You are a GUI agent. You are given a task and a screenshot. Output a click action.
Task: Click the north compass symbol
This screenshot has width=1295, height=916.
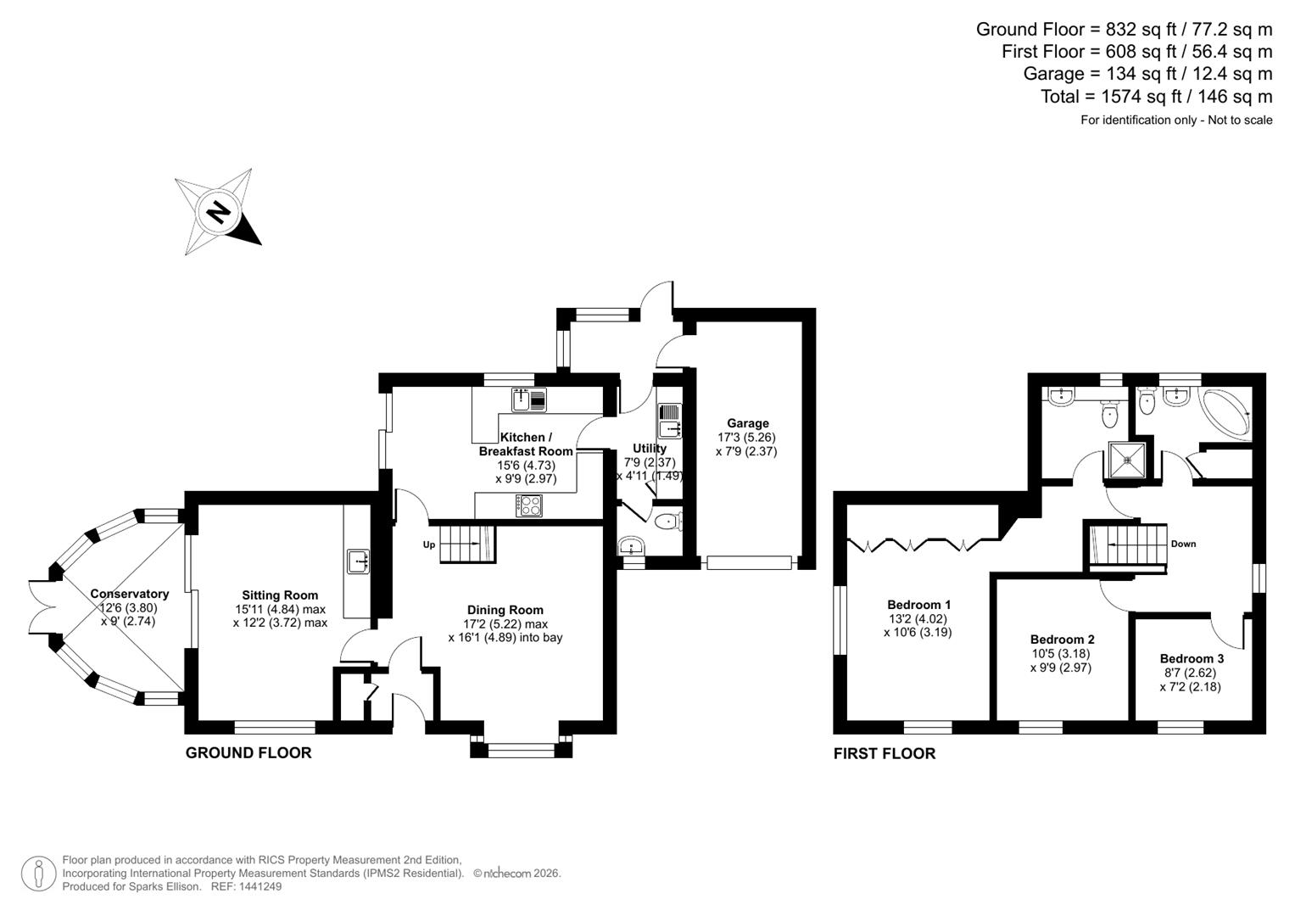[219, 212]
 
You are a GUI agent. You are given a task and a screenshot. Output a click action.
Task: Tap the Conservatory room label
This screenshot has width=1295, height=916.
[130, 594]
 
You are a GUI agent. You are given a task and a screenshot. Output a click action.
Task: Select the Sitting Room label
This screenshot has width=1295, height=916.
[280, 595]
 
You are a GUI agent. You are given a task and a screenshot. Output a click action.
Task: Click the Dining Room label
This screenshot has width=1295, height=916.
[505, 610]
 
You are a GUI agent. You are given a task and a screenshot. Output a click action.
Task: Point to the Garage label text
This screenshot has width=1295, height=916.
[747, 423]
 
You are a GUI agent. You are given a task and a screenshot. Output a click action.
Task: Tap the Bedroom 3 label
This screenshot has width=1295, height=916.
[1191, 658]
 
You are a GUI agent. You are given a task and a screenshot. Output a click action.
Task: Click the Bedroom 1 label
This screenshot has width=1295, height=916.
[918, 605]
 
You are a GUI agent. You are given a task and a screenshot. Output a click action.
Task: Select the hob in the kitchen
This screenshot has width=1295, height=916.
[529, 505]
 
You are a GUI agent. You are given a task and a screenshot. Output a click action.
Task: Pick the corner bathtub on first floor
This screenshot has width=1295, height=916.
[1226, 414]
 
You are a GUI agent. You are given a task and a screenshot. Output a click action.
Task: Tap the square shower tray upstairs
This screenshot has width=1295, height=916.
[1127, 461]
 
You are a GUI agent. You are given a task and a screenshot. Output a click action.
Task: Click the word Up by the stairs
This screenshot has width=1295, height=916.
[429, 545]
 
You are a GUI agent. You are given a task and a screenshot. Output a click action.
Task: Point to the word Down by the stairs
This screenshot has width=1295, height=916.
[1183, 544]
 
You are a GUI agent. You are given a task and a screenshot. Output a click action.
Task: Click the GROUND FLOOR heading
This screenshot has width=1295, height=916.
[248, 753]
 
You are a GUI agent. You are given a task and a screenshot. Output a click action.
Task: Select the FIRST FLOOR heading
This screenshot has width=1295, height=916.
[884, 754]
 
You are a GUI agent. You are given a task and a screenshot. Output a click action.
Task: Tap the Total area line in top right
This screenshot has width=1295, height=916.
[1156, 97]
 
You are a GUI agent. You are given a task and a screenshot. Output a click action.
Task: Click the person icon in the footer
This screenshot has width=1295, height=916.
[38, 874]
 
